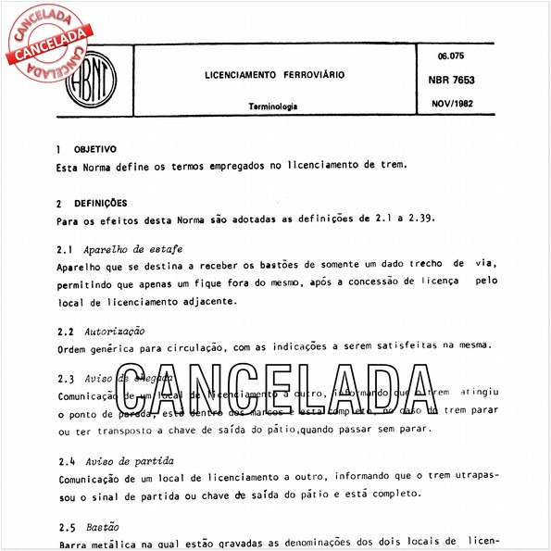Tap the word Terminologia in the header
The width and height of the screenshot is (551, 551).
coord(272,106)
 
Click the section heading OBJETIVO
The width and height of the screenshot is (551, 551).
coord(94,148)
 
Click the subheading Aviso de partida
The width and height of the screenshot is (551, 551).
coord(129,460)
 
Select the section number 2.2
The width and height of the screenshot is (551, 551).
coord(65,330)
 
